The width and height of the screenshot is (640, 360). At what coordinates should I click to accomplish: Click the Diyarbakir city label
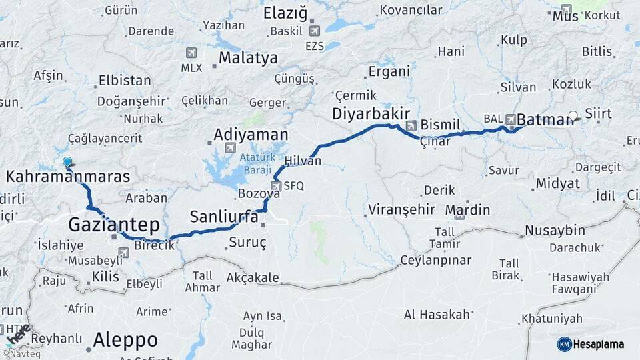click(x=370, y=114)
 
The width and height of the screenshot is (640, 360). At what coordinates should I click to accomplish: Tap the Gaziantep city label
click(x=113, y=223)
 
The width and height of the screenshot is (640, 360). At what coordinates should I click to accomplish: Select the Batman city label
click(x=545, y=119)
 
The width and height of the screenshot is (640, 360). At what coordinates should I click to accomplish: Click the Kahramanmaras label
click(x=67, y=176)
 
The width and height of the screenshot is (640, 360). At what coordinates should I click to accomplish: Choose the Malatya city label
click(x=248, y=58)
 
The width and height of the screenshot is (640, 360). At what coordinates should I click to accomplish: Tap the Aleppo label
click(x=125, y=340)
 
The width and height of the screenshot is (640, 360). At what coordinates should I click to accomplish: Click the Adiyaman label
click(x=249, y=135)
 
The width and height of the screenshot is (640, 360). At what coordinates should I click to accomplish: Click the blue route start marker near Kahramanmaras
click(x=67, y=161)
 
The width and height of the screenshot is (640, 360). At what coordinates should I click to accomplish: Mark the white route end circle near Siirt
click(x=573, y=115)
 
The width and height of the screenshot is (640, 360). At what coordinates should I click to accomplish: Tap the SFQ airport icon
click(x=276, y=186)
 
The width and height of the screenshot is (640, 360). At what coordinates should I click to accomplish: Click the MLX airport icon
click(x=192, y=53)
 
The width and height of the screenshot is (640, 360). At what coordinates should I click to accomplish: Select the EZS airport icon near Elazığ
click(x=315, y=30)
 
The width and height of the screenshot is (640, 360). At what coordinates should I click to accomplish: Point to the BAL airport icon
click(x=511, y=119)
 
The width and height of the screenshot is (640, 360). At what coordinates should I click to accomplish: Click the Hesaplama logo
click(x=591, y=344)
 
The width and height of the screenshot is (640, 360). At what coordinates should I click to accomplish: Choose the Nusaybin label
click(x=555, y=231)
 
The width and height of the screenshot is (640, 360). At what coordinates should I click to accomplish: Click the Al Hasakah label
click(x=437, y=314)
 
